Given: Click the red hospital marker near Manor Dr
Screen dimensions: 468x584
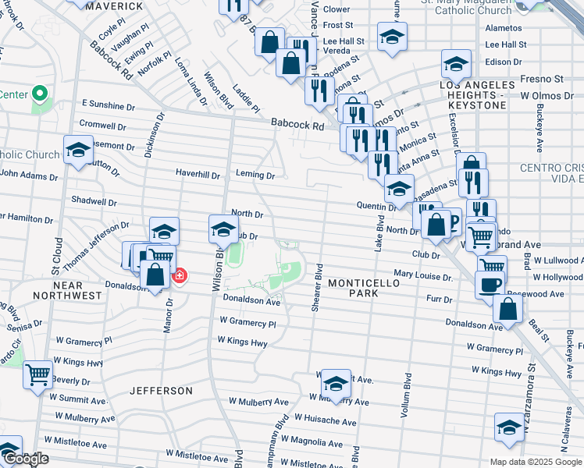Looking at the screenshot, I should pyautogui.click(x=180, y=276).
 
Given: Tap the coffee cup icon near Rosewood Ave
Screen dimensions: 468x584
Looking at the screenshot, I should pyautogui.click(x=490, y=285).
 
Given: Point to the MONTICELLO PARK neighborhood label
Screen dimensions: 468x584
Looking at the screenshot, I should pyautogui.click(x=364, y=288).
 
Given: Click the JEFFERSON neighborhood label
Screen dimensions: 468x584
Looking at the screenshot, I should pyautogui.click(x=161, y=390).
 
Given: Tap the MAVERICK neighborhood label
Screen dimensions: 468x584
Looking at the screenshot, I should pyautogui.click(x=114, y=6).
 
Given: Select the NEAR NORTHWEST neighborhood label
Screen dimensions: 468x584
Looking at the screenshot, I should pyautogui.click(x=68, y=290).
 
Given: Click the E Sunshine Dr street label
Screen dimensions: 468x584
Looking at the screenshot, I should pyautogui.click(x=103, y=105).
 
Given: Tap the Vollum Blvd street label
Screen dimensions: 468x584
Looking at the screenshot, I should pyautogui.click(x=406, y=397).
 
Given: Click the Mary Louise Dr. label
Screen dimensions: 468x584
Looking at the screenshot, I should pyautogui.click(x=423, y=275).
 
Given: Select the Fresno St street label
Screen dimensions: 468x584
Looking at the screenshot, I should pyautogui.click(x=542, y=79).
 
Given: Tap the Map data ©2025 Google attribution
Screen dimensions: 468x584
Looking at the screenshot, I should pyautogui.click(x=536, y=462).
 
